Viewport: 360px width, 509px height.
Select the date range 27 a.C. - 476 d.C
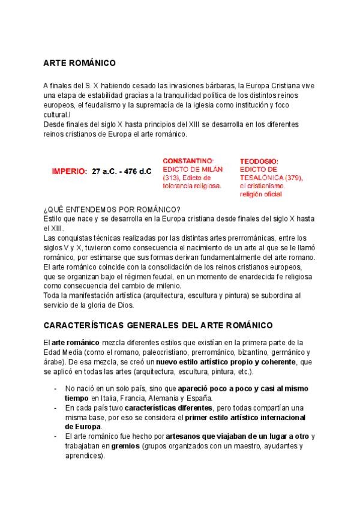point(122,172)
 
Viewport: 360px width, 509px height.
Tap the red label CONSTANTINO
point(188,161)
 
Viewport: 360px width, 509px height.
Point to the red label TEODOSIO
point(259,161)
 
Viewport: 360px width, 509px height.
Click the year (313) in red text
point(172,178)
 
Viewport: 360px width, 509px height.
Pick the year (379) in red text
point(292,178)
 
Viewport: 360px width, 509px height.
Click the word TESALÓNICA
point(261,178)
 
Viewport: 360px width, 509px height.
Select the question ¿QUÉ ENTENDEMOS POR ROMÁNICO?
point(113,209)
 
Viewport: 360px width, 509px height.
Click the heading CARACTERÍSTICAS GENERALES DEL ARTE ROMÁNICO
point(158,325)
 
